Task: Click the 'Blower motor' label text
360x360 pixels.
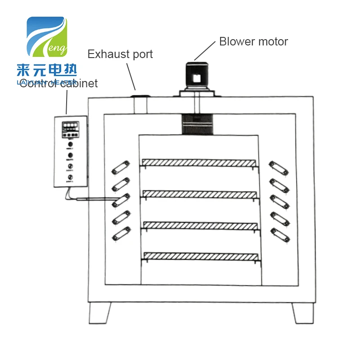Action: click(253, 42)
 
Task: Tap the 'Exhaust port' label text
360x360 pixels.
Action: click(120, 54)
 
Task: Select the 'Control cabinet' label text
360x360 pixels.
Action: click(58, 84)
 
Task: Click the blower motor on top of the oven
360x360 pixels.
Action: click(195, 77)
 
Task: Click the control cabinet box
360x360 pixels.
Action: click(70, 152)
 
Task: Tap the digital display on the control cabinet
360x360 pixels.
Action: click(70, 125)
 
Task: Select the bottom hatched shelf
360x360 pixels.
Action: click(201, 256)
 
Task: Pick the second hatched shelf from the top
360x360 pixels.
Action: click(200, 193)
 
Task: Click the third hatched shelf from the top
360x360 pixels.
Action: click(200, 225)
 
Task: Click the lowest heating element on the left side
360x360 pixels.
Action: click(121, 233)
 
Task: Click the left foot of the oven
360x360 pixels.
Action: click(99, 312)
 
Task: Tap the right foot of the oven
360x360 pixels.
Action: click(302, 312)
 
